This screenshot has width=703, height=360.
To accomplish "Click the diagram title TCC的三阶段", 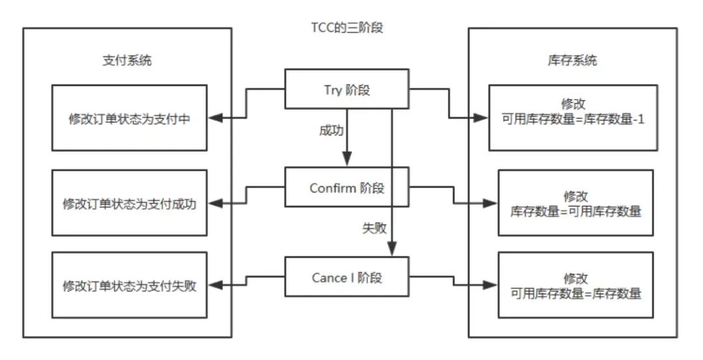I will coord(351,28).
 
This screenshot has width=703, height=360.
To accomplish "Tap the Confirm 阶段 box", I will coord(347,187).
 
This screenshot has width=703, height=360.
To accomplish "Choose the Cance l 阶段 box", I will coord(347,277).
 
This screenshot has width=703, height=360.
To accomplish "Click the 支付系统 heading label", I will coord(128,61).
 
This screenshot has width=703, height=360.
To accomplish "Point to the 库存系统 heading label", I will coord(573,61).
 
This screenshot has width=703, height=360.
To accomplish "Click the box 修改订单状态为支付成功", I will coord(129,203).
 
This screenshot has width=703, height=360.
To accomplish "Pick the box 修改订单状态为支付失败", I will coord(129,285).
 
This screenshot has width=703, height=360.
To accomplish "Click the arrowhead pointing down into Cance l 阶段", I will coord(391,250).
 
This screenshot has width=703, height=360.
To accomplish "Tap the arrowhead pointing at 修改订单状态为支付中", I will coord(219,118).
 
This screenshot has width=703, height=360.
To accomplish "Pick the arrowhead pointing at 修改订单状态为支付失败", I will coord(219,285).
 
